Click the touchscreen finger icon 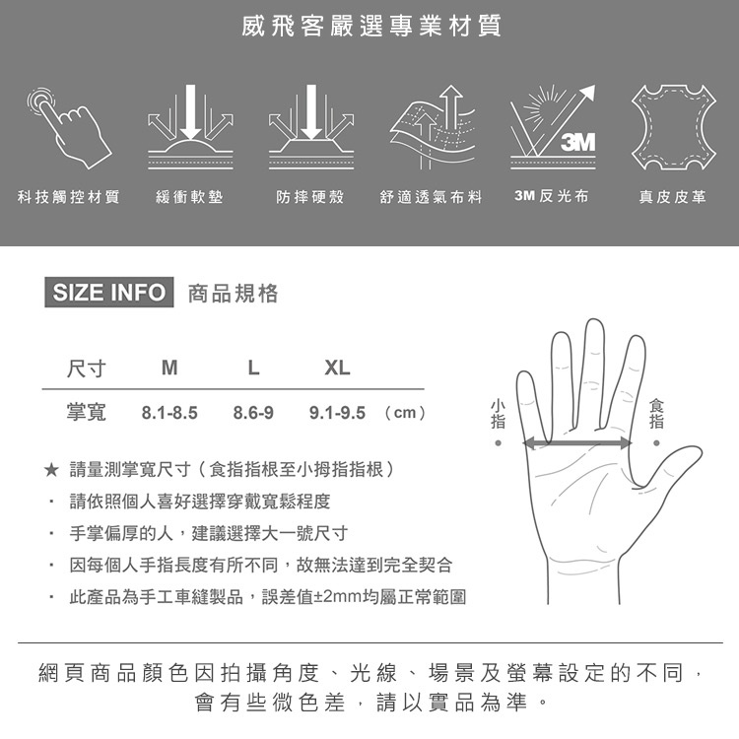point(69,127)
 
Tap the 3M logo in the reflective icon point(577,142)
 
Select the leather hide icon point(674,127)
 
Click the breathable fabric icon point(433,127)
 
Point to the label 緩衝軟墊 point(189,196)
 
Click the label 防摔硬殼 point(310,196)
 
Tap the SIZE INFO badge point(108,293)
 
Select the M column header point(169,368)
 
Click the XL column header point(337,368)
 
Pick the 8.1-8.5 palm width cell point(169,413)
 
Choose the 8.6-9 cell point(253,413)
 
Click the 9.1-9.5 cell point(337,413)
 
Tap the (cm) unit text point(405,413)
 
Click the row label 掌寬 point(87,413)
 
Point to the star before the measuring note point(51,469)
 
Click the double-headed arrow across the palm point(577,443)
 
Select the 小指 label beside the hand point(499,414)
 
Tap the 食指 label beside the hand point(656,414)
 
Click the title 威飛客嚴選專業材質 point(371,26)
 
